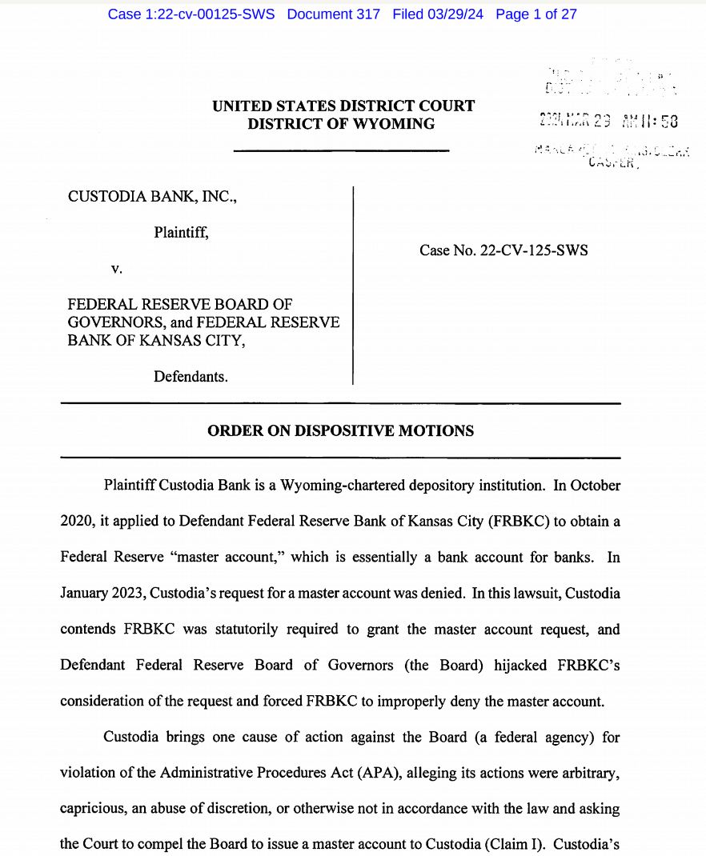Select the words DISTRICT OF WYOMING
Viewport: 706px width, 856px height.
click(341, 124)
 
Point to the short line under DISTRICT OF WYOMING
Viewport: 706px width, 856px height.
click(341, 150)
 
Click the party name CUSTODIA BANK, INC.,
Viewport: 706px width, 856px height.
click(152, 195)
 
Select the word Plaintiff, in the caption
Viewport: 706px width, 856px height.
click(182, 233)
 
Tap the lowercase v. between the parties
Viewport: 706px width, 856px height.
click(117, 270)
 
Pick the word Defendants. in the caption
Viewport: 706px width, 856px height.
click(191, 376)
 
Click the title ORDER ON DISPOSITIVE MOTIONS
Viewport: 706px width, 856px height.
click(340, 431)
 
